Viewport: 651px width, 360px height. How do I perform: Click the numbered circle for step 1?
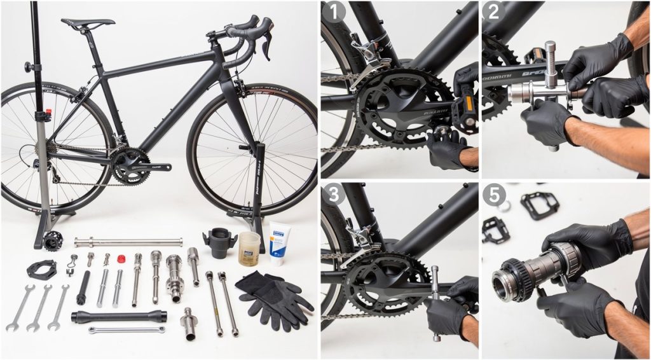(333, 13)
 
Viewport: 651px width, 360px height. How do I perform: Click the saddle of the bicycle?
(88, 23)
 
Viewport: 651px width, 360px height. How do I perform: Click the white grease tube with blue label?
(278, 242)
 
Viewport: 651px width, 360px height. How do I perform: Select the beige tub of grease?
(249, 248)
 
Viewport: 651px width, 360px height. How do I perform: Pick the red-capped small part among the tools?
(120, 259)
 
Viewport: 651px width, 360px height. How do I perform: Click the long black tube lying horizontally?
(119, 316)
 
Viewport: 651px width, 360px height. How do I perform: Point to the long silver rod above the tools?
(128, 242)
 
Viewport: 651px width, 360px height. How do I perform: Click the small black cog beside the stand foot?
(53, 240)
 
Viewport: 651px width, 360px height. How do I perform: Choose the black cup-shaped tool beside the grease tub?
(219, 242)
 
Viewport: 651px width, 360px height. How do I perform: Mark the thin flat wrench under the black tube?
(127, 329)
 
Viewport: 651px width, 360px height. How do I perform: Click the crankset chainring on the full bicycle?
(131, 167)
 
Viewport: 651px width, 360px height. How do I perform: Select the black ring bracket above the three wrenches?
(42, 269)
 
